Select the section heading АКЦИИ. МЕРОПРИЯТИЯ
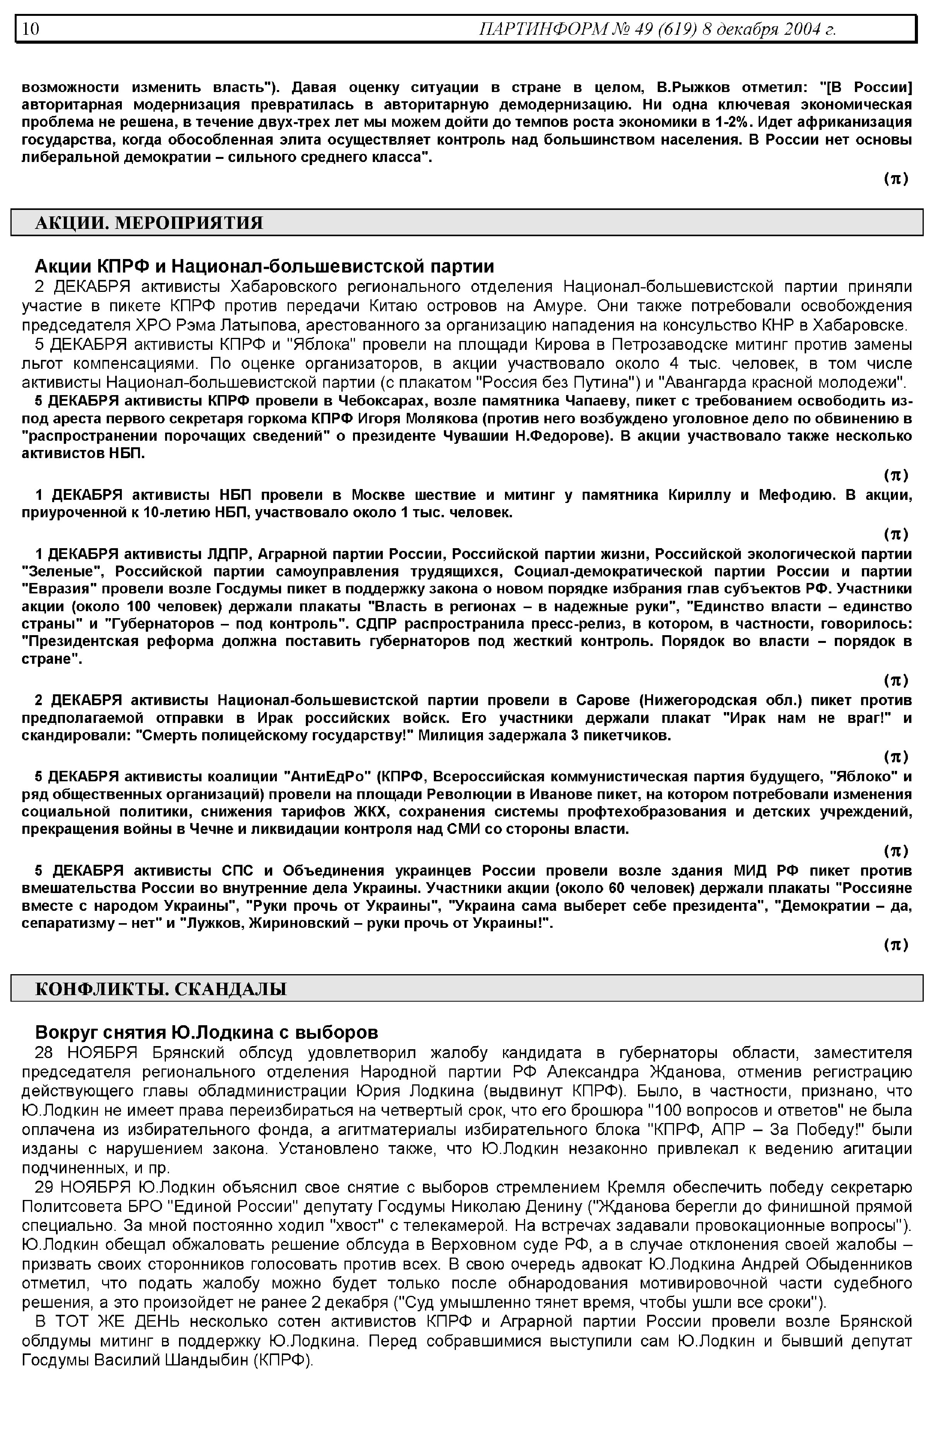(x=149, y=223)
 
